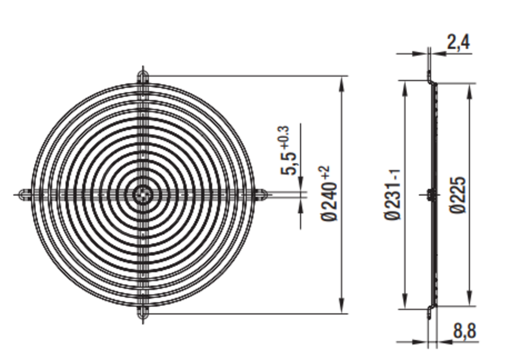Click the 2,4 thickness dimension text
[x=458, y=42]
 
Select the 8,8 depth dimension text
[x=465, y=331]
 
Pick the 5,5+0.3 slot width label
[x=288, y=151]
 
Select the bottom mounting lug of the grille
[x=143, y=313]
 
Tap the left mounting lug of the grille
[x=23, y=195]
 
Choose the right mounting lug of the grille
[x=263, y=195]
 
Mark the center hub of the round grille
[x=143, y=195]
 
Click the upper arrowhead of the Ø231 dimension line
[x=405, y=87]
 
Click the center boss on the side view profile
[x=429, y=195]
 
